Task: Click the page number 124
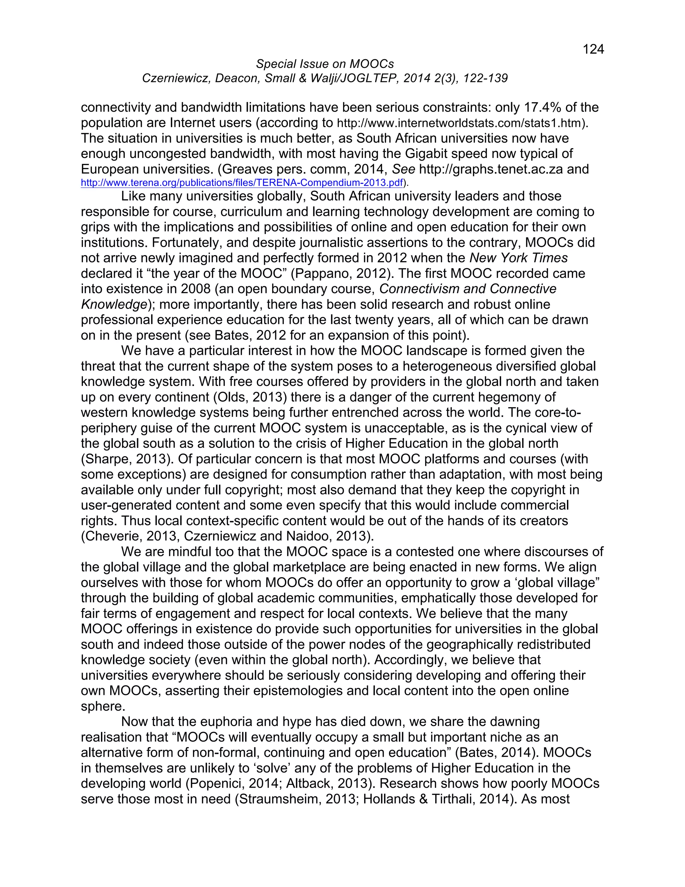pyautogui.click(x=593, y=49)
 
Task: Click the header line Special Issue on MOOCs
pyautogui.click(x=325, y=64)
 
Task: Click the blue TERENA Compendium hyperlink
pyautogui.click(x=242, y=183)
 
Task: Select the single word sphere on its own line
pyautogui.click(x=103, y=706)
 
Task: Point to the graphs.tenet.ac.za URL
pyautogui.click(x=491, y=169)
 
